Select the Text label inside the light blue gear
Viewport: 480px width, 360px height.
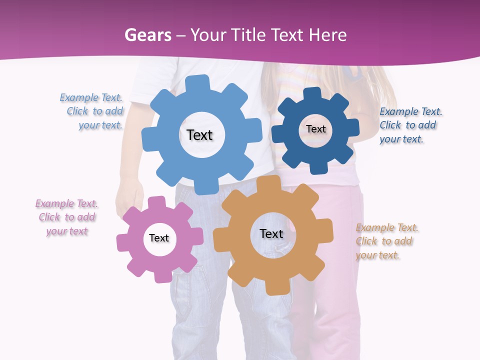[199, 135]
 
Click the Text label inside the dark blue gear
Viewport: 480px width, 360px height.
[315, 129]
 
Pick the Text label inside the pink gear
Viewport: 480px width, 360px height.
[159, 238]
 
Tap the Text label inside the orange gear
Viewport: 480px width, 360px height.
[271, 234]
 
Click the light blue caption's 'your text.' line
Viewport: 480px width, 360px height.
[100, 125]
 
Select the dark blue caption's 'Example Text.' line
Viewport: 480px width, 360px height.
[411, 111]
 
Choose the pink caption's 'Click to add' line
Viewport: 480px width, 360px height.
[67, 217]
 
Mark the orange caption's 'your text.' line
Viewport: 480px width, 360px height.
[377, 255]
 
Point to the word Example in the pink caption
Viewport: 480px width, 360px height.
[54, 204]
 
